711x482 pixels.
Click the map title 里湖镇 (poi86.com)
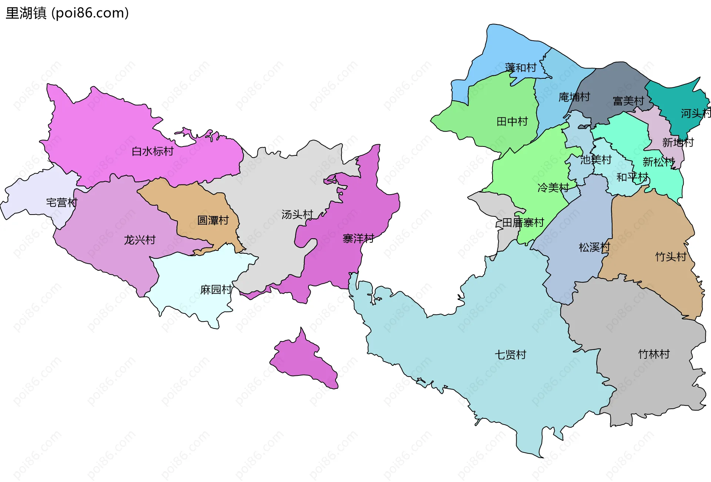67,13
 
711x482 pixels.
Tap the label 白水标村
153,151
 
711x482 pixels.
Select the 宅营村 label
61,203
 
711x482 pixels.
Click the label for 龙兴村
140,240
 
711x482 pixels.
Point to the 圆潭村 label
213,220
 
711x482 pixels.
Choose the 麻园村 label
216,290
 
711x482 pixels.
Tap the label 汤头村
297,215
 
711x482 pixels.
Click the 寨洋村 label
358,239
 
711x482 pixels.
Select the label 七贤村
510,355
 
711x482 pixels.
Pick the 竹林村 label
654,354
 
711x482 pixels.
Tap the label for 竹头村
671,257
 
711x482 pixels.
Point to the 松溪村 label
594,247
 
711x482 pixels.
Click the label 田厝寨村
523,223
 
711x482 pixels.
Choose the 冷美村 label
553,188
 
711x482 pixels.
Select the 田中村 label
512,121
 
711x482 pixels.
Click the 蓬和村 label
520,68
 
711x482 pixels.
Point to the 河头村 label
695,113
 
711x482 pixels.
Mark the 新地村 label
678,142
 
